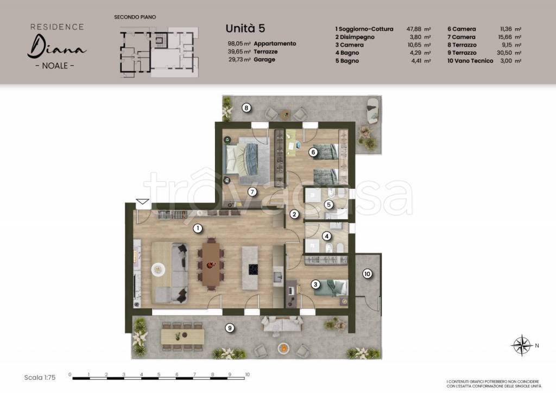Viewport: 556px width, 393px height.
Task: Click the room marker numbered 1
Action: click(x=198, y=229)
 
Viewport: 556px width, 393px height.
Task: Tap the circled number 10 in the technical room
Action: click(x=368, y=274)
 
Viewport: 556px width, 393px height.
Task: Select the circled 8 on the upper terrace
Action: click(x=247, y=107)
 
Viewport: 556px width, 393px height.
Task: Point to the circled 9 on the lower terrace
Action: click(x=230, y=328)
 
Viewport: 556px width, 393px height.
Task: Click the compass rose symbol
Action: click(x=521, y=345)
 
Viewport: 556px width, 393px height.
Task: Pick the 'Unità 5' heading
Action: click(x=245, y=28)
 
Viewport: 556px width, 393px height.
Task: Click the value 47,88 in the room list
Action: click(x=414, y=29)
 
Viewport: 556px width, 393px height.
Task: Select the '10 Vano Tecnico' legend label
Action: click(x=470, y=61)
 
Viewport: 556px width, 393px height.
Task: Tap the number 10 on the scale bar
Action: click(x=247, y=375)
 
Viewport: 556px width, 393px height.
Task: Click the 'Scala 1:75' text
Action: click(x=40, y=377)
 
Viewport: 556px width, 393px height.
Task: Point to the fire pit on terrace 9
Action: click(x=283, y=348)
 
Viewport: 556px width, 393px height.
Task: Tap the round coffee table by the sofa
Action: click(x=158, y=269)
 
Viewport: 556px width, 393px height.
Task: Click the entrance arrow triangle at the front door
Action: click(x=143, y=201)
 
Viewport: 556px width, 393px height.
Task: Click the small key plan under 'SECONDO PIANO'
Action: click(x=159, y=52)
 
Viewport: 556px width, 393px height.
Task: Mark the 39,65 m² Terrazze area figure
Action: click(x=239, y=52)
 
